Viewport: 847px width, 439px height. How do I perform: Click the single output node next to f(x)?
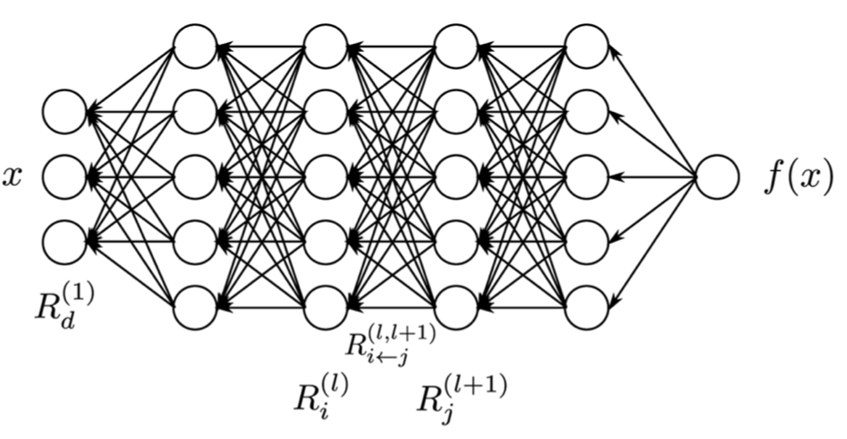717,176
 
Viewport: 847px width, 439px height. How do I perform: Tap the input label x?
13,176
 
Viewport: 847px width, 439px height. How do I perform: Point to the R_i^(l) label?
320,394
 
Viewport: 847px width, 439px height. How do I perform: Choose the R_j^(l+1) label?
462,394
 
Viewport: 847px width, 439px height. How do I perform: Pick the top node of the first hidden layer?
195,47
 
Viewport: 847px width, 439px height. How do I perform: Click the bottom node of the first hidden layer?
195,307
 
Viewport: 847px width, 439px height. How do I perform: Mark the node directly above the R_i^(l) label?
326,307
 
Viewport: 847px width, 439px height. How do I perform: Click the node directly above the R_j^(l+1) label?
457,307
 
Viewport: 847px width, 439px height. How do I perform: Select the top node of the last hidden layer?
587,47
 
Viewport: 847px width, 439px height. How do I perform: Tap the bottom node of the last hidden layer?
587,307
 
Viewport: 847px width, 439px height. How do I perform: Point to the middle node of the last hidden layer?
587,176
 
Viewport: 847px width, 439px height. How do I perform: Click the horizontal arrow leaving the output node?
653,176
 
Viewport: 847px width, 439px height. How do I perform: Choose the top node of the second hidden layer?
326,47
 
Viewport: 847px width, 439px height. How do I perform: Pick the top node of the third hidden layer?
457,47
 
